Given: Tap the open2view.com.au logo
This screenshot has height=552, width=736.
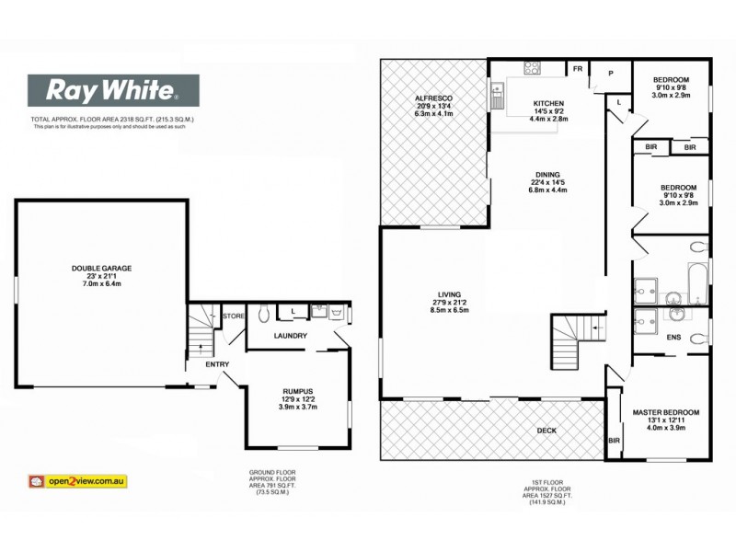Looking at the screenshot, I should click(x=78, y=480).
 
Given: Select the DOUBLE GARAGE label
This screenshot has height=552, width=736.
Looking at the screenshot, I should click(x=101, y=269).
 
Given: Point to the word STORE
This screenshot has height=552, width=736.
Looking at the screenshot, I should click(x=234, y=316).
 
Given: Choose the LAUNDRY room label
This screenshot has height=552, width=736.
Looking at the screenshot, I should click(x=290, y=335).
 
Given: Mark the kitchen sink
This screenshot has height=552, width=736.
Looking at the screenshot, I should click(x=498, y=92).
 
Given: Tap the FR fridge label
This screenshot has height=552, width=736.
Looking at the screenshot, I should click(x=578, y=69).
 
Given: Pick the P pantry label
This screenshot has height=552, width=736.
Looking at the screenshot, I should click(x=609, y=74).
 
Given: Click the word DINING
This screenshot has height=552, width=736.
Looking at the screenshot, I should click(x=549, y=173).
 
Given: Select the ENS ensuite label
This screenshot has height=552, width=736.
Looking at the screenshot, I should click(x=673, y=338).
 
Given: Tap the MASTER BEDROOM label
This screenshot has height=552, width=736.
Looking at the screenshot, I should click(x=660, y=411).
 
